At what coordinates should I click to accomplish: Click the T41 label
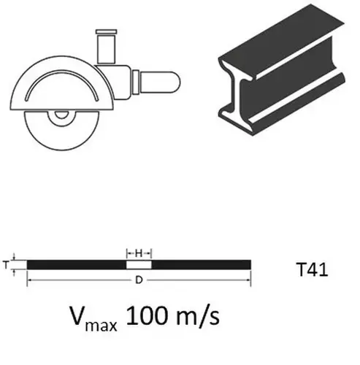[x=313, y=269]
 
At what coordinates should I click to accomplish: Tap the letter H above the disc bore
[x=139, y=253]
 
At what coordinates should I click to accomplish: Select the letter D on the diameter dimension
[x=139, y=280]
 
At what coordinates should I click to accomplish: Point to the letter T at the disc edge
[x=6, y=264]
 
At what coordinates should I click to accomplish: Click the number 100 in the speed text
[x=148, y=316]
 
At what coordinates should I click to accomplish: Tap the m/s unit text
[x=198, y=316]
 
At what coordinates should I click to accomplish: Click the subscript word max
[x=101, y=325]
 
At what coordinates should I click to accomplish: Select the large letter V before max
[x=78, y=315]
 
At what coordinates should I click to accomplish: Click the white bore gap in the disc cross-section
[x=139, y=265]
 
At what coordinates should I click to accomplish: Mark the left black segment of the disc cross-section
[x=77, y=265]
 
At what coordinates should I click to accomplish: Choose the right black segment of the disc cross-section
[x=202, y=265]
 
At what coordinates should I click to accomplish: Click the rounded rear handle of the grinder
[x=159, y=82]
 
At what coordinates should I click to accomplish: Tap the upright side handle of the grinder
[x=106, y=49]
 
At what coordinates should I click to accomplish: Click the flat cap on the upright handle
[x=106, y=31]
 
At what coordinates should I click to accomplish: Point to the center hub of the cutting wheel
[x=61, y=115]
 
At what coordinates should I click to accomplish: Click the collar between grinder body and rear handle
[x=136, y=82]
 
